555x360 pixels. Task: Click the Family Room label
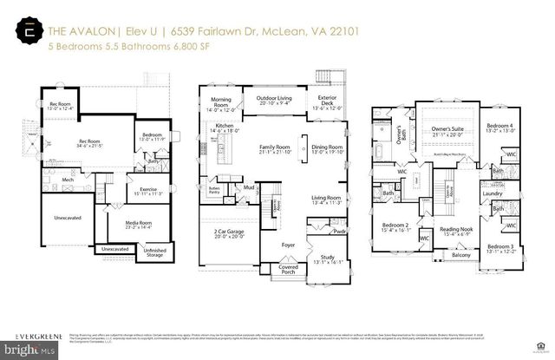tap(274, 147)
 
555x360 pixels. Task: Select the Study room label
tap(327, 258)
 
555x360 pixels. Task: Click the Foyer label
tap(288, 245)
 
